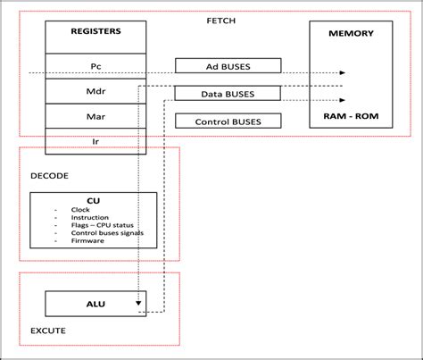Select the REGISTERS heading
(95, 31)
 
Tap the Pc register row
(95, 66)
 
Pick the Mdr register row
(95, 90)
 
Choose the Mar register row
(95, 115)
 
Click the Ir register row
(95, 141)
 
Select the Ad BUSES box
(228, 66)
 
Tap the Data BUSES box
(228, 94)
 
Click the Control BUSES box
(228, 121)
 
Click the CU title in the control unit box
(93, 201)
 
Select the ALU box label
(95, 305)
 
